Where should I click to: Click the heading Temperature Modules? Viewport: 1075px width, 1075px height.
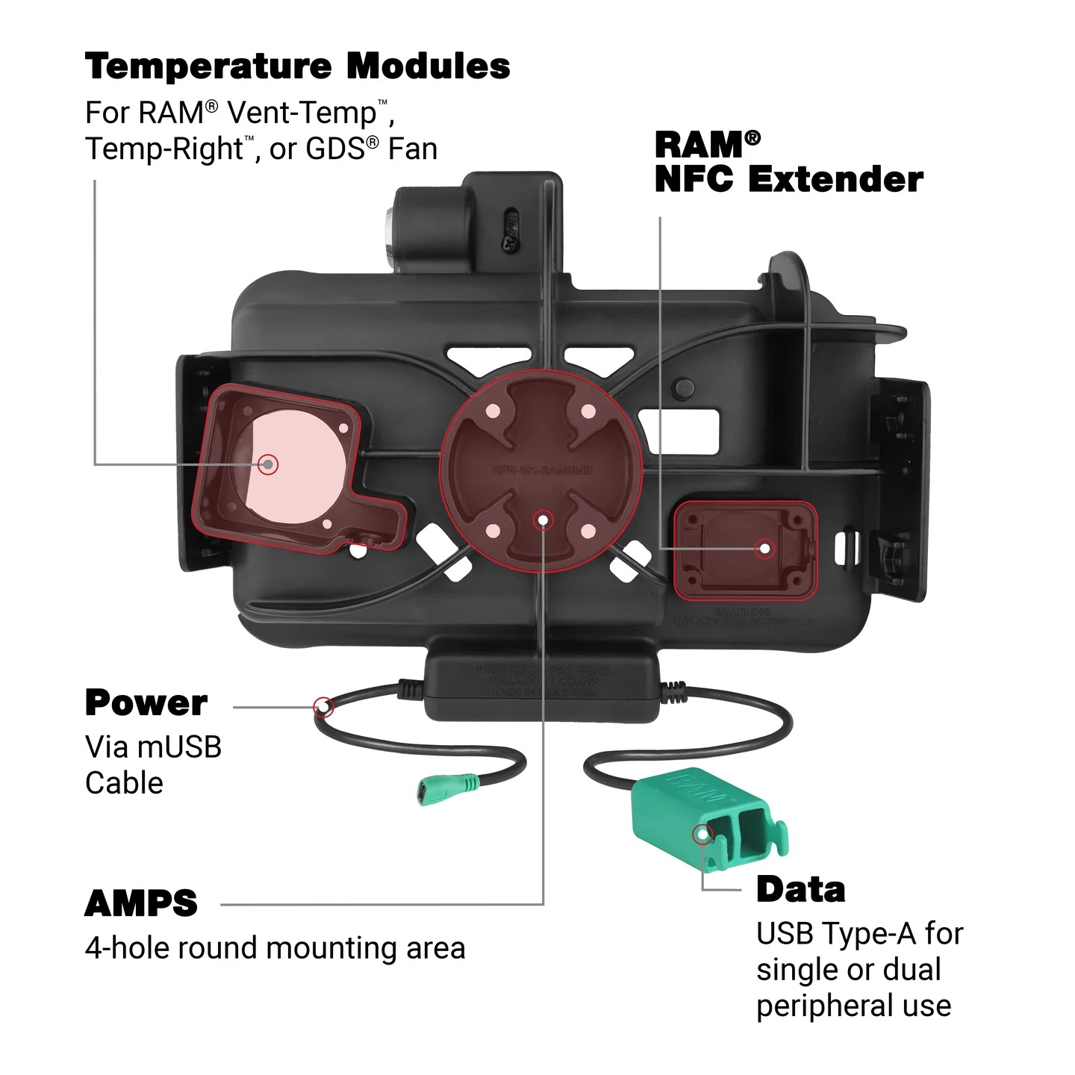pyautogui.click(x=297, y=66)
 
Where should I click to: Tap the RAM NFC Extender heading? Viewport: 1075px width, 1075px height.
pyautogui.click(x=788, y=162)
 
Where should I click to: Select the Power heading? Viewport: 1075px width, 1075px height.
pyautogui.click(x=146, y=703)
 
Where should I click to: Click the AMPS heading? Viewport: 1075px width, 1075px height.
pyautogui.click(x=141, y=904)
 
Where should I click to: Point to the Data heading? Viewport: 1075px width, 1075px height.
pyautogui.click(x=800, y=890)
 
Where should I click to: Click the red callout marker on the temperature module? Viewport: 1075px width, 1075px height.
pyautogui.click(x=268, y=464)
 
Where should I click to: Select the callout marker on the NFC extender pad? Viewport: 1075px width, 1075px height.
pyautogui.click(x=764, y=549)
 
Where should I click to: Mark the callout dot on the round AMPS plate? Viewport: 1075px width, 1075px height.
pyautogui.click(x=544, y=519)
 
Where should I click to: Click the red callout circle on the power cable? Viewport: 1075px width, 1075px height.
pyautogui.click(x=323, y=705)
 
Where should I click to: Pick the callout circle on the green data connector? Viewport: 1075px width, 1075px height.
pyautogui.click(x=702, y=834)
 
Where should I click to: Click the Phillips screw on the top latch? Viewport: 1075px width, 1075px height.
pyautogui.click(x=508, y=241)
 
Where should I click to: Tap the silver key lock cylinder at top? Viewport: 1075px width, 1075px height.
pyautogui.click(x=390, y=237)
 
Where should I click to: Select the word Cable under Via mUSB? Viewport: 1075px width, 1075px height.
pyautogui.click(x=124, y=783)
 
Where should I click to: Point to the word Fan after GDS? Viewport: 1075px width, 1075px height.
pyautogui.click(x=412, y=149)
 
